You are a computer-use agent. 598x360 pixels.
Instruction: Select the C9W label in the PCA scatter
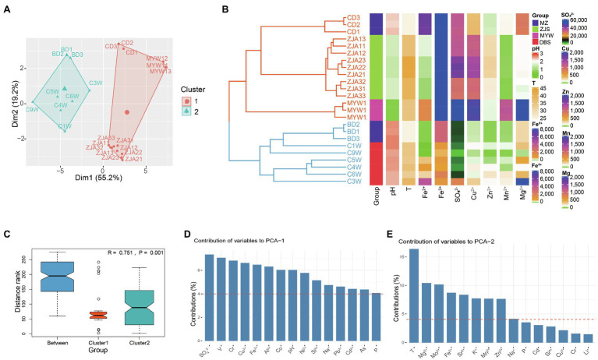[32, 110]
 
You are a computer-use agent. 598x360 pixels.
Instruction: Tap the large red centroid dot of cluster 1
[127, 112]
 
